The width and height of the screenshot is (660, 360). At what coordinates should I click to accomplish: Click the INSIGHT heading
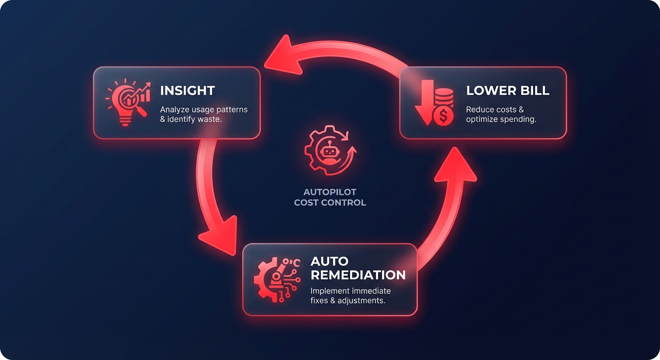(187, 90)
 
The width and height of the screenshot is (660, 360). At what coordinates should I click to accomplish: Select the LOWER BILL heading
(508, 90)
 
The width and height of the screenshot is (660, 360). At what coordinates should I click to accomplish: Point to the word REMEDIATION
(358, 275)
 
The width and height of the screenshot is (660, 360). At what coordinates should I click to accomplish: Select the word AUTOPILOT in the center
(330, 192)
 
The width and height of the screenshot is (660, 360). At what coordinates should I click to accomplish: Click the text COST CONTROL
(330, 202)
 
